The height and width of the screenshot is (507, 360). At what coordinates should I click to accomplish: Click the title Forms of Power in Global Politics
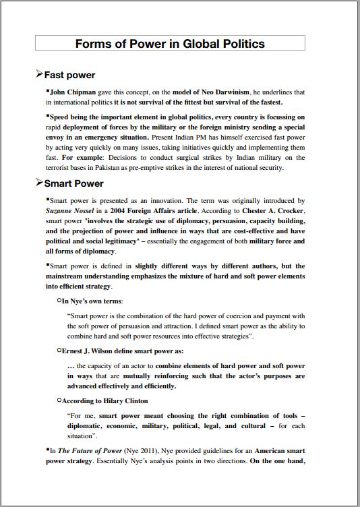click(170, 44)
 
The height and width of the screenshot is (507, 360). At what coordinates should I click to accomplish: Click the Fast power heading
click(69, 75)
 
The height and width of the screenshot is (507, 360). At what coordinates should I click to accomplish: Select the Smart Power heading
click(73, 183)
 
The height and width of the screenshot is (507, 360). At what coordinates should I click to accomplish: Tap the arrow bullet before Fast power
click(39, 74)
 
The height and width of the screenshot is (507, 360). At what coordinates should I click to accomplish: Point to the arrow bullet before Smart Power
click(39, 183)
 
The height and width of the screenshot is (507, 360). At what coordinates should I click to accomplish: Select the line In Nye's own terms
click(92, 301)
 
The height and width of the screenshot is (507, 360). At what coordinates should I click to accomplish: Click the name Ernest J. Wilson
click(88, 351)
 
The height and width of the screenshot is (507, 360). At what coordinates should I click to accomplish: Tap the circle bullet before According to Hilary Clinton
click(59, 400)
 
